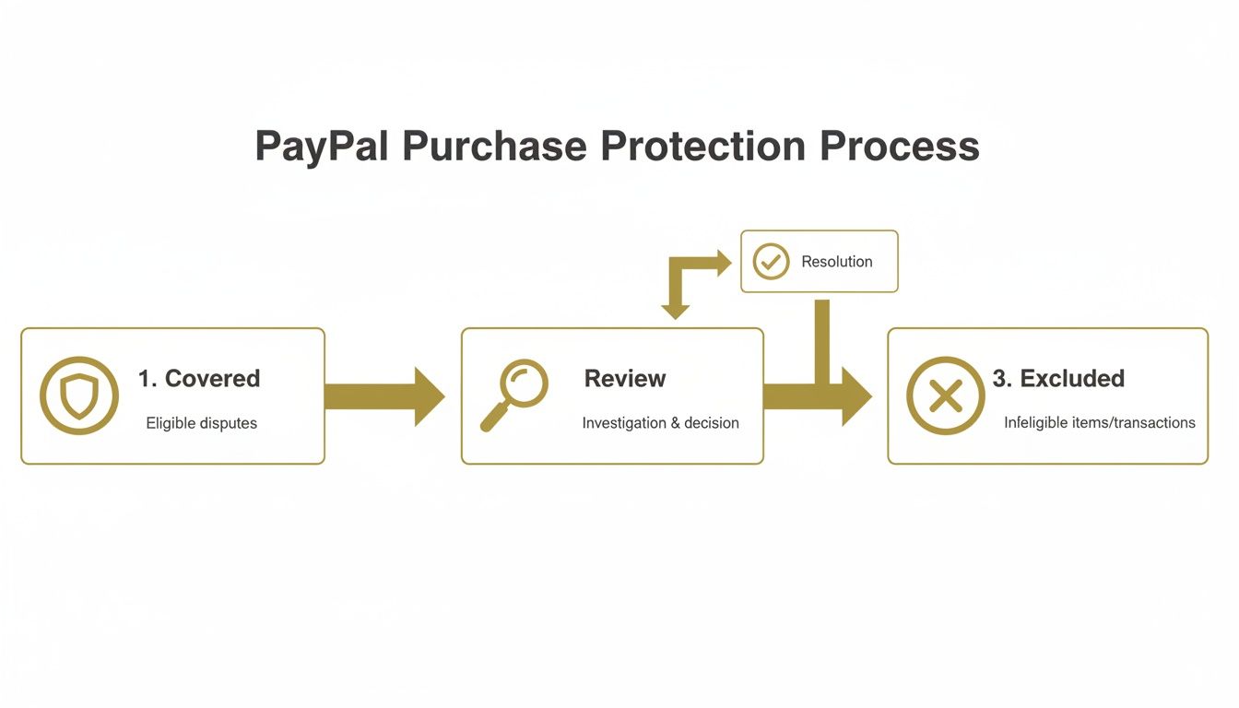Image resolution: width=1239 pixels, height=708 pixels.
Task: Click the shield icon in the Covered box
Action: click(79, 395)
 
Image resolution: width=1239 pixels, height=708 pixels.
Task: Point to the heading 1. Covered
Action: click(199, 379)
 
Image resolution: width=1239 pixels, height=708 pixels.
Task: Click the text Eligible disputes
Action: click(201, 423)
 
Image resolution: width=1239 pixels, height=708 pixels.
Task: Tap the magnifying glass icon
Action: click(514, 395)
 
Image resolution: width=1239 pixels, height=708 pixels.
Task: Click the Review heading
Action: click(625, 379)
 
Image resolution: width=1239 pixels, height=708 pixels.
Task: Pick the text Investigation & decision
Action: click(660, 423)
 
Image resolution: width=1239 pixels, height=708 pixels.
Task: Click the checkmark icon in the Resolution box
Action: click(771, 262)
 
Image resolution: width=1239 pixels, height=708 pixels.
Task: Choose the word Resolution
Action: click(836, 262)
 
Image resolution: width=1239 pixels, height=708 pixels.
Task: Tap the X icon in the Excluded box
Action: click(945, 395)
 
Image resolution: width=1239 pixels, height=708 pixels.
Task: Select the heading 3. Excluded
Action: click(1058, 379)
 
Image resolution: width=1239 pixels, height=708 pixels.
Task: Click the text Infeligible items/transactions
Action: click(1099, 423)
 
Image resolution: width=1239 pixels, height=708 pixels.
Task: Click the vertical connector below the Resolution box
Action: click(822, 336)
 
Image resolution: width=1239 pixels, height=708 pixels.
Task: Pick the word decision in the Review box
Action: click(712, 423)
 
